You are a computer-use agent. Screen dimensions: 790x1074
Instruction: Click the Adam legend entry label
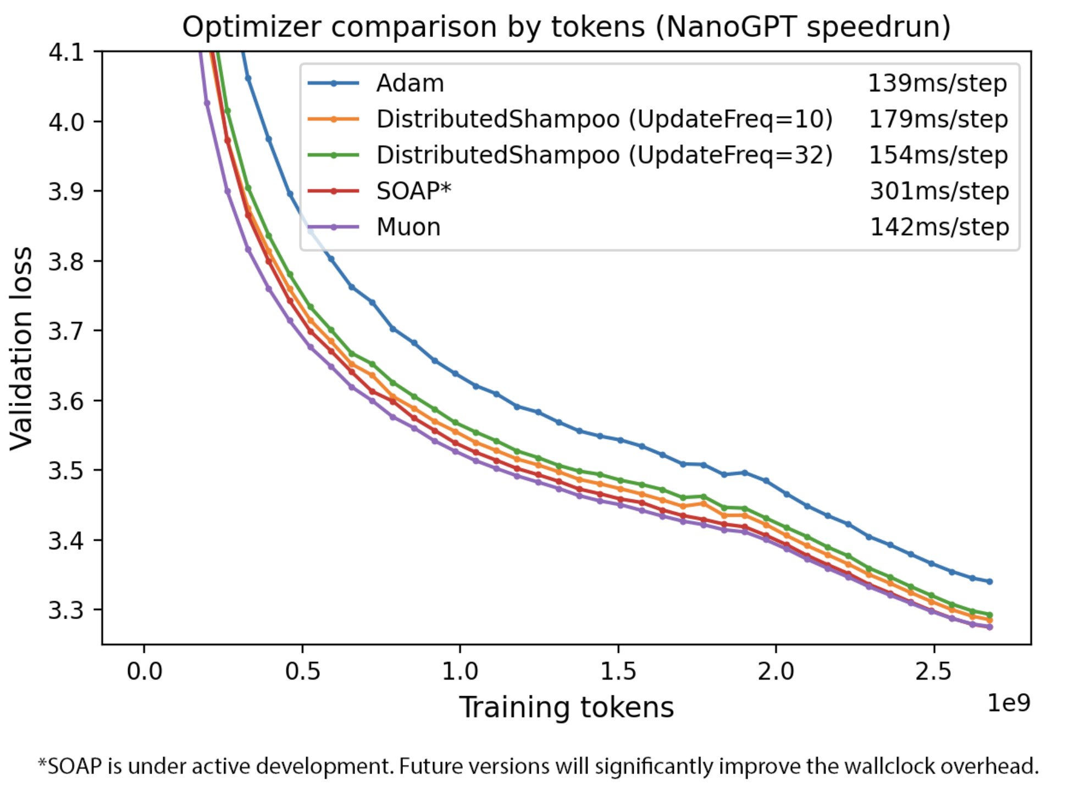coord(409,84)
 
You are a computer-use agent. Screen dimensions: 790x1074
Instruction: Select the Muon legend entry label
coord(408,227)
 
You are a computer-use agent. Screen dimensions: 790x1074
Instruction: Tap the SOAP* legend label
coord(413,191)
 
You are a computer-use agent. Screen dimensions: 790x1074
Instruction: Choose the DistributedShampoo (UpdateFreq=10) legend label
coord(604,119)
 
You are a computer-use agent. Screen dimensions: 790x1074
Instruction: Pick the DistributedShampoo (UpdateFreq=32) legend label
coord(604,155)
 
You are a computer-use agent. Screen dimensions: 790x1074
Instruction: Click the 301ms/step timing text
coord(939,191)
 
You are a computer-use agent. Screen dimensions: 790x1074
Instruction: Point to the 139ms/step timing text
coord(937,84)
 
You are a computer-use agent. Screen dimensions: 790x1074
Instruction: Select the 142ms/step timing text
coord(939,227)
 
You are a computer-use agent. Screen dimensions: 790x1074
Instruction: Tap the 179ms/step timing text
coord(938,119)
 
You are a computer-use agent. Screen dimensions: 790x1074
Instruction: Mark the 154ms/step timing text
coord(938,155)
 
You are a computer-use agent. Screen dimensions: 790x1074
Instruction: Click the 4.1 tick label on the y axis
coord(66,53)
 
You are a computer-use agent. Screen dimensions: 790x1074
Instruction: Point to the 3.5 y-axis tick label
coord(66,471)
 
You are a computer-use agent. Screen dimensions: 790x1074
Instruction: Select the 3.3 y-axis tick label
coord(66,610)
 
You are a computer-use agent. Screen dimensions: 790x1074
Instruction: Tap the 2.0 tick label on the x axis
coord(776,671)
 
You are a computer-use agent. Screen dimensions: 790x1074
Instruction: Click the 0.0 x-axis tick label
coord(144,671)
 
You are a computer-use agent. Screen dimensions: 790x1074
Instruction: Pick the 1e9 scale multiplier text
coord(1008,703)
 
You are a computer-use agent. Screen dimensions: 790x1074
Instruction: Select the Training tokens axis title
coord(566,707)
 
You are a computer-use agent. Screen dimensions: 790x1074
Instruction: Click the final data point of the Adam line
coord(989,581)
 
